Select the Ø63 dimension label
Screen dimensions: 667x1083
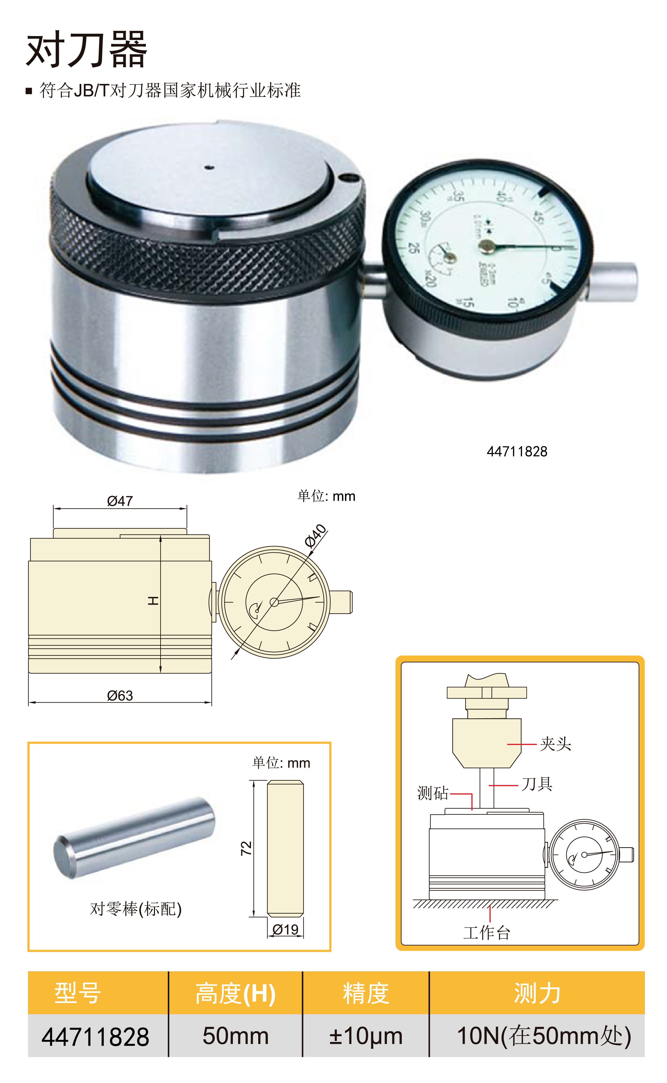point(119,695)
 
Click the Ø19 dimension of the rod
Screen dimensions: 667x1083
point(285,930)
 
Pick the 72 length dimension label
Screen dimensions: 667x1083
point(246,848)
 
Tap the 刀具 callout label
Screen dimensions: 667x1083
point(537,784)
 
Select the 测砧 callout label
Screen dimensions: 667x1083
point(433,793)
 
